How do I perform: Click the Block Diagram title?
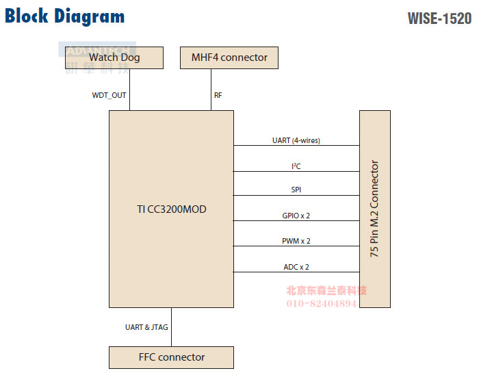tap(65, 16)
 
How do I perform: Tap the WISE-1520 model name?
tap(439, 18)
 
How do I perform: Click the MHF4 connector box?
tap(229, 57)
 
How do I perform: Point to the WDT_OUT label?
tap(109, 95)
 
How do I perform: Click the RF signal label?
tap(218, 95)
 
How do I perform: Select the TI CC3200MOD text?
tap(171, 209)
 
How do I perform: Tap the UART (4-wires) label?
tap(296, 140)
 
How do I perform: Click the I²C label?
tap(296, 166)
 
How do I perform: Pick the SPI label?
tap(296, 190)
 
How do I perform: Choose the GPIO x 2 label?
tap(296, 216)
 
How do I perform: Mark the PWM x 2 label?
tap(296, 241)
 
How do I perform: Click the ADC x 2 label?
tap(296, 267)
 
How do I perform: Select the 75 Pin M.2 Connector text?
tap(374, 209)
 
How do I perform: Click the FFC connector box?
tap(171, 357)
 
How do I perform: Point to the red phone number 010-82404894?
tap(321, 303)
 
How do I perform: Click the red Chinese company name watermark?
tap(326, 290)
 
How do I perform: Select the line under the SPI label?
tap(296, 196)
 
